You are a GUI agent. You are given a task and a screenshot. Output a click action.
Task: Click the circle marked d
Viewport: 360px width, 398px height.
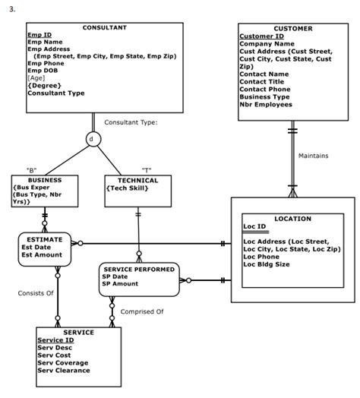[x=93, y=140]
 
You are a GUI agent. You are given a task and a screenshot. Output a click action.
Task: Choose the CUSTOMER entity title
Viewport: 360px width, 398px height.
[x=292, y=28]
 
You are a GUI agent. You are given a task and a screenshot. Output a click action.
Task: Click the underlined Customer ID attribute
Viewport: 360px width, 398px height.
[x=261, y=36]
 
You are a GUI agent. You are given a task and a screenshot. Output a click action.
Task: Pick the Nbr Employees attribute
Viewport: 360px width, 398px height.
[x=270, y=105]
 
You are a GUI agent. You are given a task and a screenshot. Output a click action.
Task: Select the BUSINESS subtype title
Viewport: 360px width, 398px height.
[x=45, y=180]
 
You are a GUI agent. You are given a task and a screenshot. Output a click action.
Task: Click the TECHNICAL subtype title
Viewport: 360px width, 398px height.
[x=137, y=180]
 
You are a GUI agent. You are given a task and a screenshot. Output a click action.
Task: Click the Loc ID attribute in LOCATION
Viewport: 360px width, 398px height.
[x=254, y=226]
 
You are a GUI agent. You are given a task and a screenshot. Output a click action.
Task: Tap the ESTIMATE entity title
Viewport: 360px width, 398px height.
[x=44, y=238]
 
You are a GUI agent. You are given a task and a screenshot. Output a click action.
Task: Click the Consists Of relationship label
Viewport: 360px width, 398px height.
[x=36, y=292]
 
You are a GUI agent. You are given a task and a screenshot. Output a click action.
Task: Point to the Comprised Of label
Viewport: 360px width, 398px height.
[x=143, y=311]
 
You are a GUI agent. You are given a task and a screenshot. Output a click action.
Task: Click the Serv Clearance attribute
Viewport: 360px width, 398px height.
[x=63, y=371]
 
